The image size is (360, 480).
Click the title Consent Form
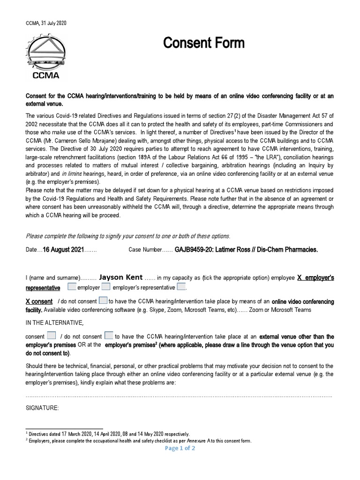click(203, 44)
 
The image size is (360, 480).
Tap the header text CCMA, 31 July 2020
click(45, 24)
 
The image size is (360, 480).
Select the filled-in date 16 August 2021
click(63, 250)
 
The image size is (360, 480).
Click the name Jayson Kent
click(118, 277)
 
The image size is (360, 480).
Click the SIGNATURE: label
click(42, 408)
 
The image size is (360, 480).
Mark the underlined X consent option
click(38, 301)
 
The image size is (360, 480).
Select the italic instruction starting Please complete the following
click(128, 236)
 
